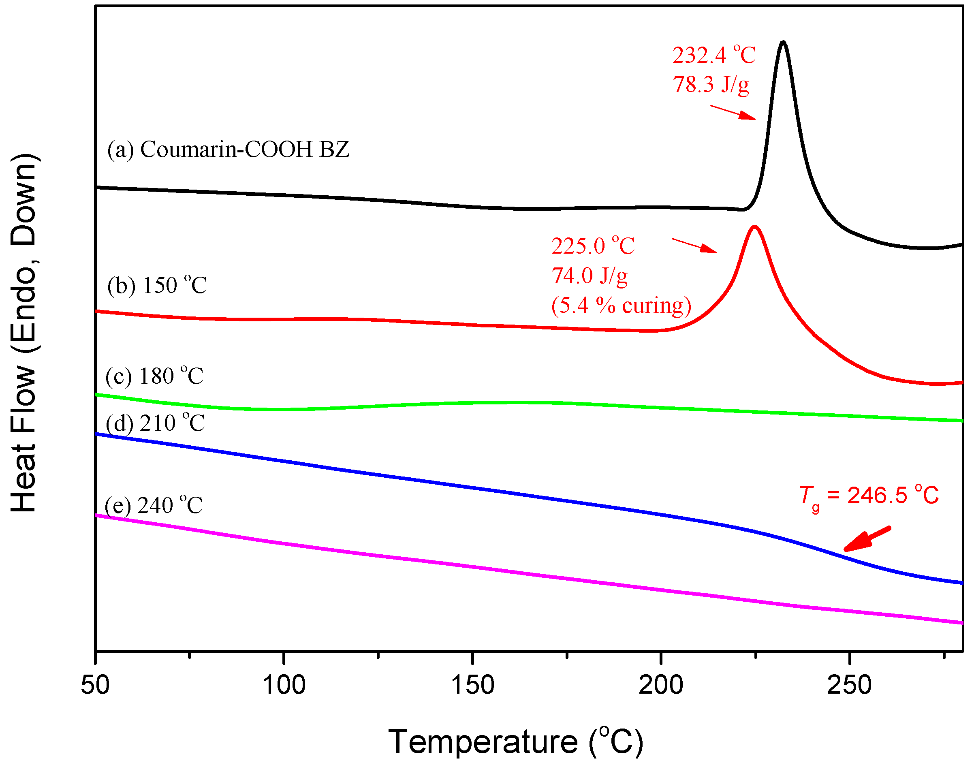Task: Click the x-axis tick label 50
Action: coord(95,685)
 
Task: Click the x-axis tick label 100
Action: coord(284,685)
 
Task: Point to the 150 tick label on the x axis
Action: coord(473,685)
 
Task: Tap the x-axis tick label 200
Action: coord(661,685)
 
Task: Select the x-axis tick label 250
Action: coord(850,685)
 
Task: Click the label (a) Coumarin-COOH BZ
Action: coord(228,150)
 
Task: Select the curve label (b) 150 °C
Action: coord(157,285)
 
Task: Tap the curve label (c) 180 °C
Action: coord(154,376)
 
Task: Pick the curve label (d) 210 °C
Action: coord(156,423)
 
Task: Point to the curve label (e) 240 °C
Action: coord(154,506)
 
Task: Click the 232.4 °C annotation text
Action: coord(714,56)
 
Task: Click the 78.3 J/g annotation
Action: coord(711,85)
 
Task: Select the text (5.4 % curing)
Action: coord(621,306)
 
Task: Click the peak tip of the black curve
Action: coord(783,42)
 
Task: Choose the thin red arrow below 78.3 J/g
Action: coord(733,112)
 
